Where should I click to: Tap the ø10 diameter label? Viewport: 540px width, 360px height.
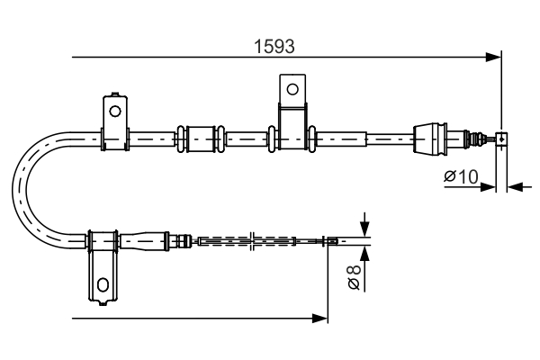[x=460, y=177]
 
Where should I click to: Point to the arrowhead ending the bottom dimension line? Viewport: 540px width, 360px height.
[x=320, y=318]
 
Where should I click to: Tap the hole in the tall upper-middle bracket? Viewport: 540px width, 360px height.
[x=292, y=89]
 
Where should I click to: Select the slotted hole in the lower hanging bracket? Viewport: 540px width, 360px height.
[x=103, y=285]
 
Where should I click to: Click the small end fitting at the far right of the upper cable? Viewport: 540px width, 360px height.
[x=501, y=139]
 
